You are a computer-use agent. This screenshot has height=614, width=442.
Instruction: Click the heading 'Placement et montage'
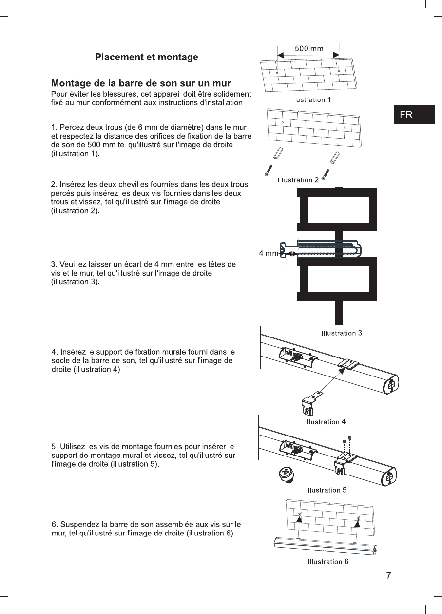tap(146, 58)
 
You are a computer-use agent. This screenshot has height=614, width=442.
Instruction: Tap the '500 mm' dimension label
tap(309, 49)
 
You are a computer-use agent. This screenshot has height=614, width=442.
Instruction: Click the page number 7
tap(388, 575)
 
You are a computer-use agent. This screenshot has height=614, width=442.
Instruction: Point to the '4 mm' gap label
tap(269, 254)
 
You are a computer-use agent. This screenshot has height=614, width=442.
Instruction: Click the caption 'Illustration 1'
tap(310, 100)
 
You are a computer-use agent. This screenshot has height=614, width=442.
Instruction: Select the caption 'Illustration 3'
tap(341, 333)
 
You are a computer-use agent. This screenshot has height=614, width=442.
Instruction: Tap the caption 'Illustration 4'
tap(325, 422)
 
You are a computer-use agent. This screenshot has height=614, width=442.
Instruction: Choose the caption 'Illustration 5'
tap(326, 490)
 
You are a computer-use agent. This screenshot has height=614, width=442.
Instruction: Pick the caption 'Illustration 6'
tap(327, 562)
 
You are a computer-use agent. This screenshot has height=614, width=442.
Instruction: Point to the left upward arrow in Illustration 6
tap(300, 522)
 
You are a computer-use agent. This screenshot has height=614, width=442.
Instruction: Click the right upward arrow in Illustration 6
tap(358, 524)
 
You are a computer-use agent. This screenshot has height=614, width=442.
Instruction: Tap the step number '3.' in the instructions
tap(54, 264)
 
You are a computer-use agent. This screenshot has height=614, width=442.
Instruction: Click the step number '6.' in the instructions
tap(55, 524)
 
